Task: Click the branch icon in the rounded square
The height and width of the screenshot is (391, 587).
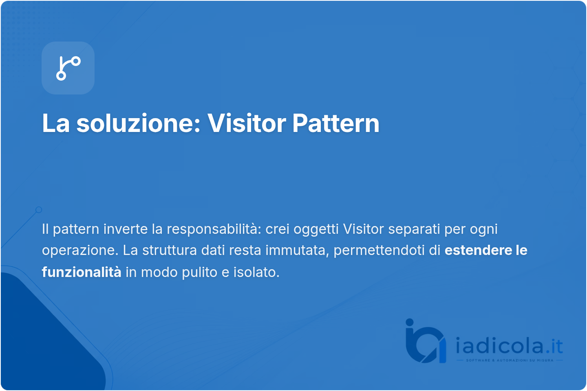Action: [68, 68]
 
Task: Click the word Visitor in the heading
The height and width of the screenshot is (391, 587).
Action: [247, 123]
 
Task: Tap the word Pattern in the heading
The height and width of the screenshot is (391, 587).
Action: [336, 123]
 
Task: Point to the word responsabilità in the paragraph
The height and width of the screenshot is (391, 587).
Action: [214, 229]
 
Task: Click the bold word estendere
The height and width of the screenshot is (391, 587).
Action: [478, 250]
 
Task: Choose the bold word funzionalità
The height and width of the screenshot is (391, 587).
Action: [82, 272]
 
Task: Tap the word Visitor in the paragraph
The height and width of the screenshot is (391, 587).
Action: [363, 229]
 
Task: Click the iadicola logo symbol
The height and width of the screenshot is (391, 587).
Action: [426, 341]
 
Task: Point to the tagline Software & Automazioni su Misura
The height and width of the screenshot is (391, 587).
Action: [510, 360]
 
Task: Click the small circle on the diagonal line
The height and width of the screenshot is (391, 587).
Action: [39, 210]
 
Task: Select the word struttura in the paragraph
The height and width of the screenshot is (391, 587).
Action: [170, 250]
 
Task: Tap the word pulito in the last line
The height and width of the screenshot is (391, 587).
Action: [199, 272]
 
